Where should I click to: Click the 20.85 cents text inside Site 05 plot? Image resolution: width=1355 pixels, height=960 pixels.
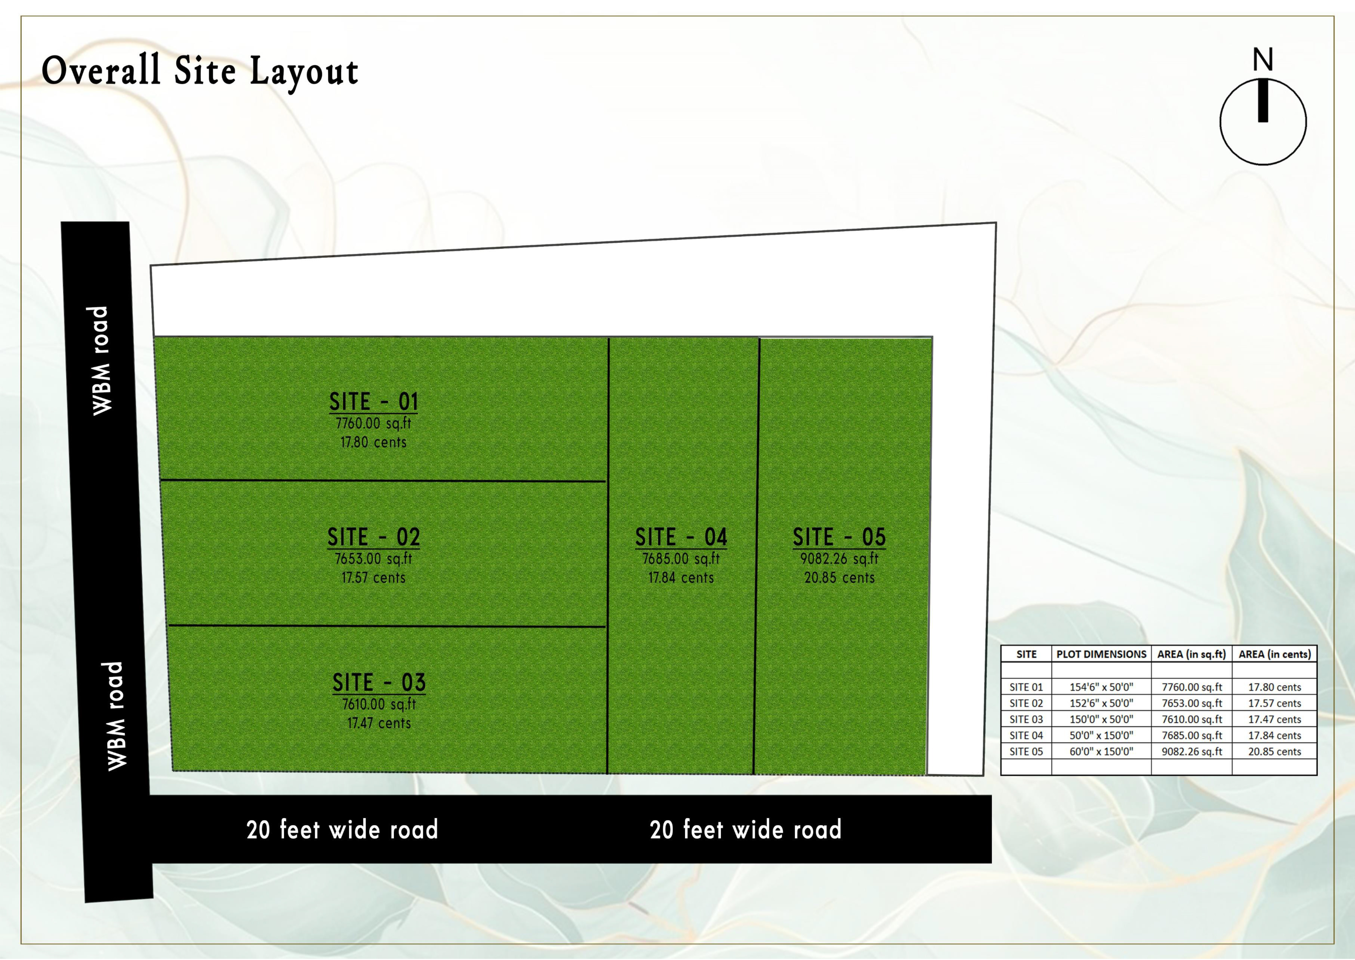840,577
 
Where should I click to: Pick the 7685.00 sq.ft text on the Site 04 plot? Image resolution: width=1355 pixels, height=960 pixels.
681,559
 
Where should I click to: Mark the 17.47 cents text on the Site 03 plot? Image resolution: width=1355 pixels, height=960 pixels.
379,723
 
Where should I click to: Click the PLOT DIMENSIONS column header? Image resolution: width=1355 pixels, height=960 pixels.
1101,654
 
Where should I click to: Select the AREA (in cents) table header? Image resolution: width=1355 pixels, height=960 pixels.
1275,654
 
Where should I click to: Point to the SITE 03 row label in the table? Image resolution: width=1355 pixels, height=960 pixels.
1026,719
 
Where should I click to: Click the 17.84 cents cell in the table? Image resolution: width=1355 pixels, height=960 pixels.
1275,735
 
